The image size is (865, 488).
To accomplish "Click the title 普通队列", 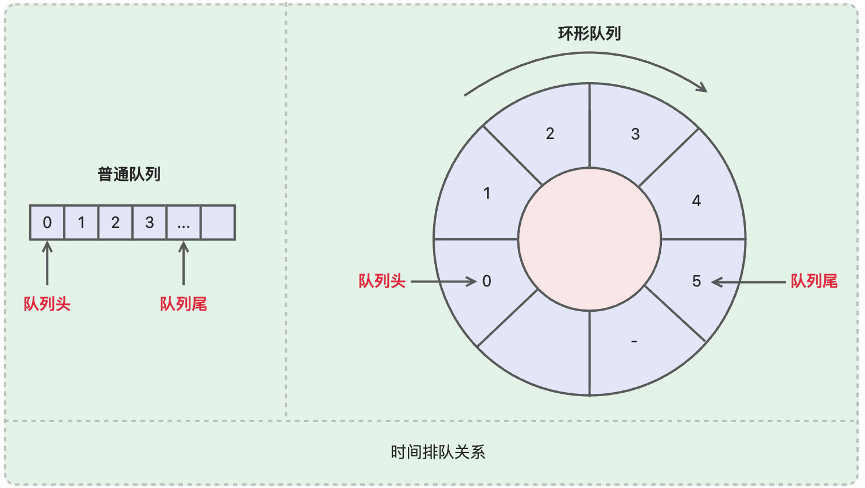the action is click(x=129, y=174).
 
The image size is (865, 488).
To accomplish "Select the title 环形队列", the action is click(x=589, y=33).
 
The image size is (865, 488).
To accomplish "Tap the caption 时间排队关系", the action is click(x=438, y=452).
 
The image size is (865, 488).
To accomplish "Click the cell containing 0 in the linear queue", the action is click(x=47, y=222).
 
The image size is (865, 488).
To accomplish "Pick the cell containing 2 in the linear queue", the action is click(x=115, y=222).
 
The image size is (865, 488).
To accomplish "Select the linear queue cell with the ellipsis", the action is click(x=184, y=222).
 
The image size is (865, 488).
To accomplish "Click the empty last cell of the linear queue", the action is click(x=218, y=222).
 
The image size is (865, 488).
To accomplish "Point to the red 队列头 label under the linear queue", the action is click(x=47, y=304).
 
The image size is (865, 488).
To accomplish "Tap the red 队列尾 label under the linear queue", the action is click(x=184, y=304).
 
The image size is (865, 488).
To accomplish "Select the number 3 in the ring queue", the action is click(x=635, y=134).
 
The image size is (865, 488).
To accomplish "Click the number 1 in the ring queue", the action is click(x=487, y=193).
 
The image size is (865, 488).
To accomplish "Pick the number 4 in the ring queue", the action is click(x=696, y=201).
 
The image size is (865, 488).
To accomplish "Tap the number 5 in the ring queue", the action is click(x=696, y=281).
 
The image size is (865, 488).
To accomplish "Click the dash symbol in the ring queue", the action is click(x=634, y=342).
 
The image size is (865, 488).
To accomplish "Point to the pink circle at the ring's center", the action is click(x=590, y=239).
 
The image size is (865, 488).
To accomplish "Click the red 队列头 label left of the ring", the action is click(x=382, y=281).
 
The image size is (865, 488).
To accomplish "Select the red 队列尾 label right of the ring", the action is click(x=814, y=281).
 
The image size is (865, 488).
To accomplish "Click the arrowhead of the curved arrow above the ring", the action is click(x=702, y=87).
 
